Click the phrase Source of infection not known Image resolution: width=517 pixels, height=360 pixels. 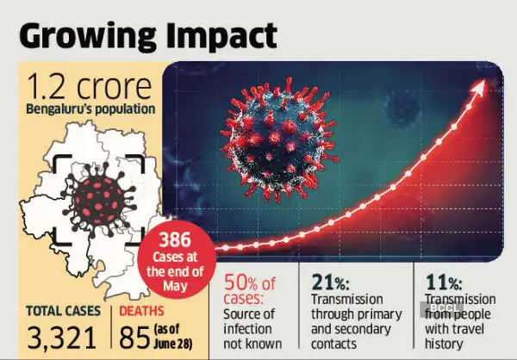pyautogui.click(x=251, y=326)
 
